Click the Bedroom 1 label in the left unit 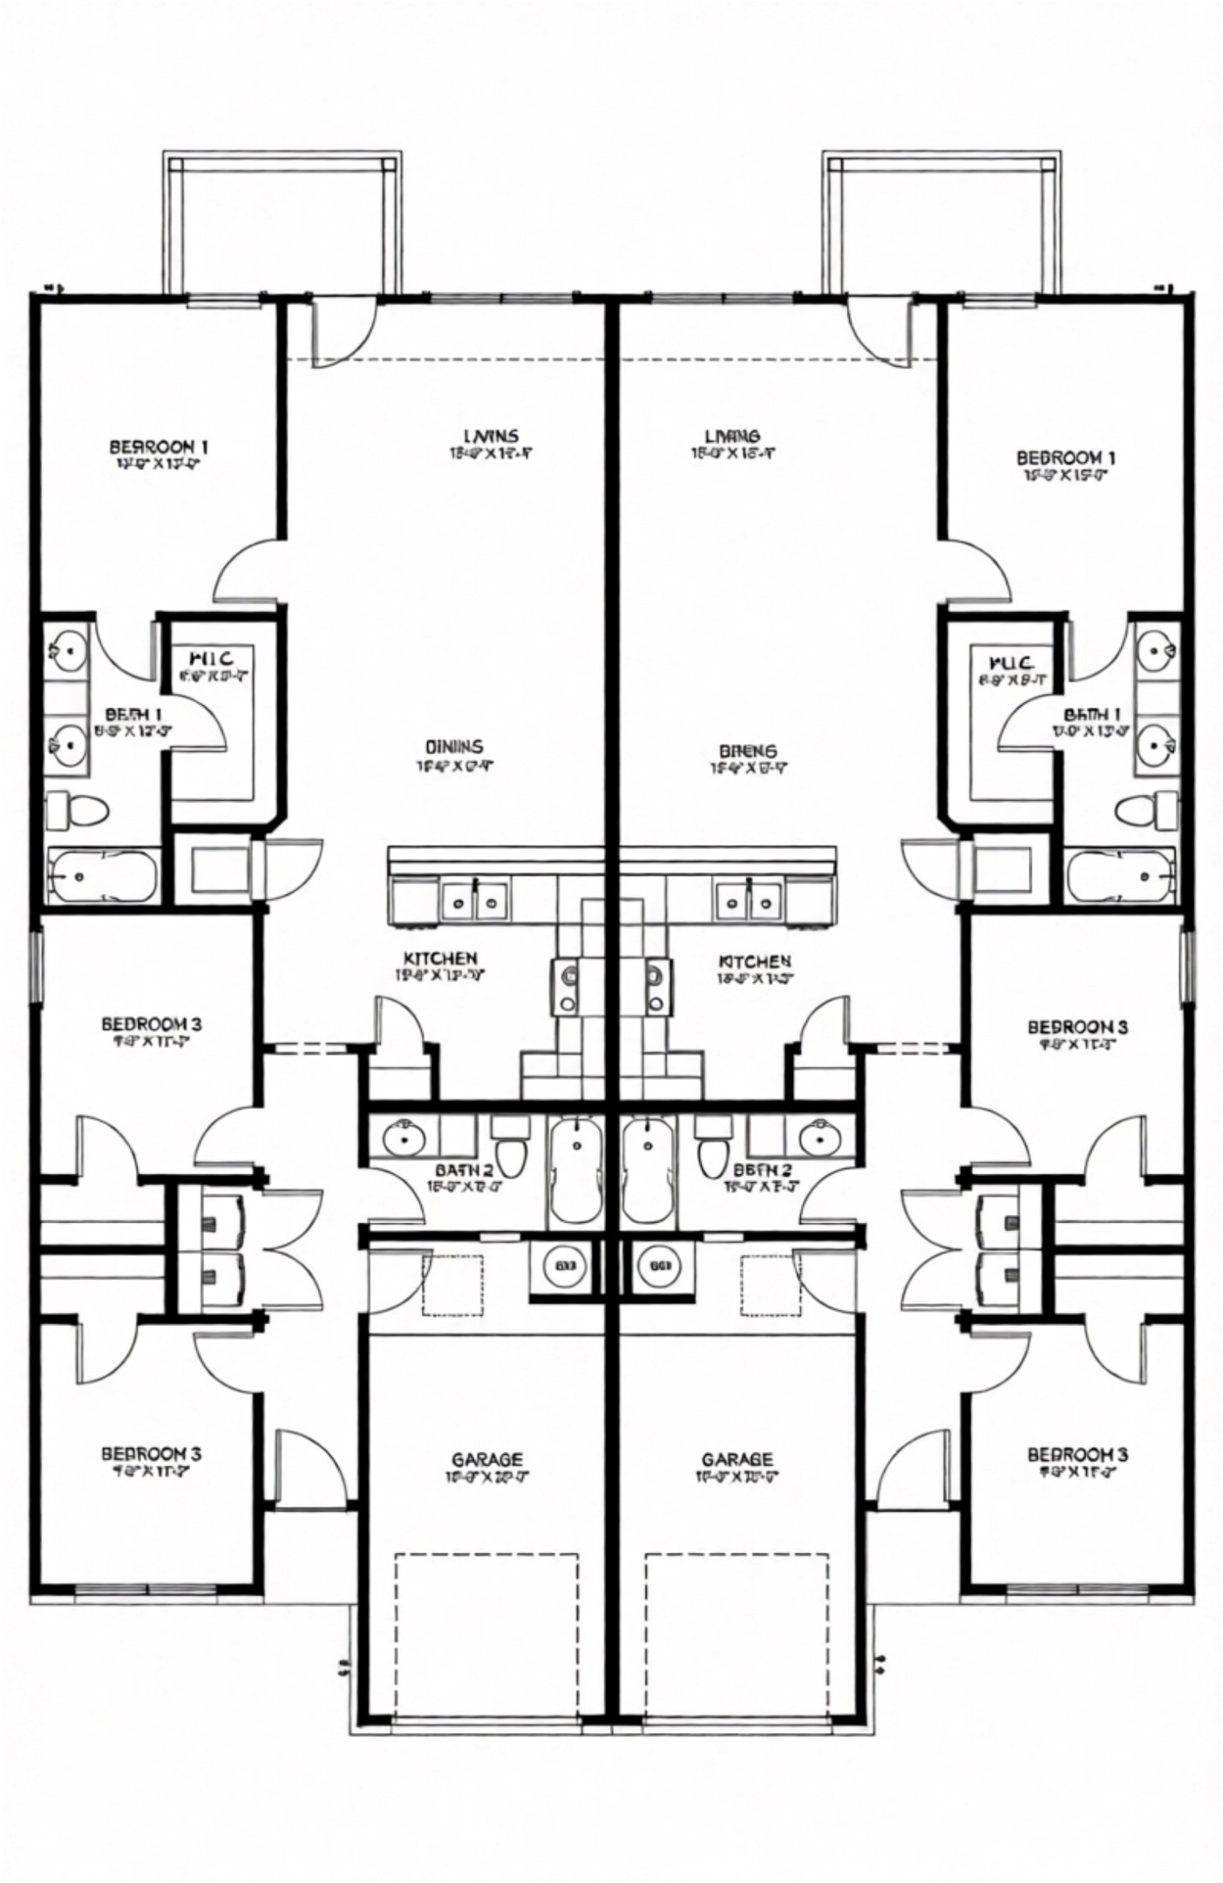158,447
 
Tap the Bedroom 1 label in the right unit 1065,458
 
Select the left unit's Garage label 487,1459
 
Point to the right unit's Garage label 737,1459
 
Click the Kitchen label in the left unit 439,959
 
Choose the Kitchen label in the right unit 755,961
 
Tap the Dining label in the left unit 453,747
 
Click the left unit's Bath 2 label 464,1170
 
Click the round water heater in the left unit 565,1266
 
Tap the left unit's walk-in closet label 209,657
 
